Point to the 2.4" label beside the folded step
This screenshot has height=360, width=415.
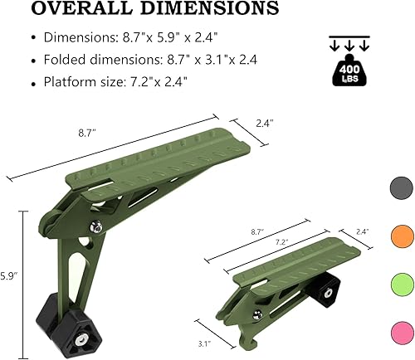point(363,231)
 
